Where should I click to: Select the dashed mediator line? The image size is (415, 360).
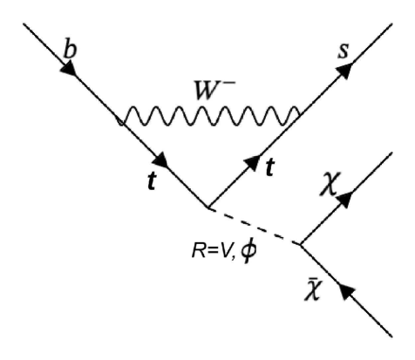pos(252,225)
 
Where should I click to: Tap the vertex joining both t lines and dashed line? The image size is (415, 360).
pos(207,207)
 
